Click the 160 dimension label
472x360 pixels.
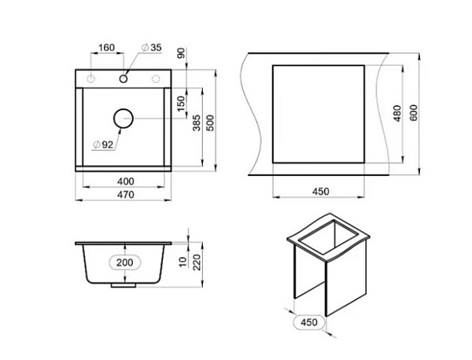click(106, 47)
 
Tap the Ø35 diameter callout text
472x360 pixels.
click(152, 47)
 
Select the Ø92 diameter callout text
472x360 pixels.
click(104, 145)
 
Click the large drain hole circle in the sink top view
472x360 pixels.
click(124, 118)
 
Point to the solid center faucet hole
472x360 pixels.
click(124, 79)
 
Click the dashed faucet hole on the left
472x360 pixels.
click(90, 79)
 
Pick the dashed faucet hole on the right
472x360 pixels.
click(156, 79)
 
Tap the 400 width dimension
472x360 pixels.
click(126, 182)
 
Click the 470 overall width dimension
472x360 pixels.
click(126, 195)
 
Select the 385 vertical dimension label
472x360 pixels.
click(197, 123)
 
